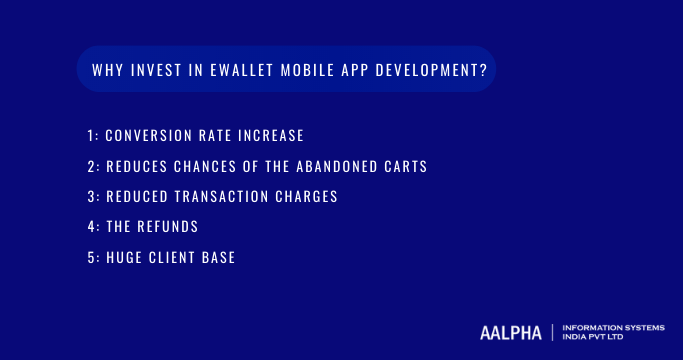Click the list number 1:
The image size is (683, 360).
click(x=93, y=134)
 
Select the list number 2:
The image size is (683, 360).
click(x=93, y=165)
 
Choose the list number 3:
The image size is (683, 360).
click(x=93, y=196)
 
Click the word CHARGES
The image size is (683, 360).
click(x=305, y=196)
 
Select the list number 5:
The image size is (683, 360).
click(x=93, y=258)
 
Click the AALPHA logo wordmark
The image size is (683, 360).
click(x=510, y=332)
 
